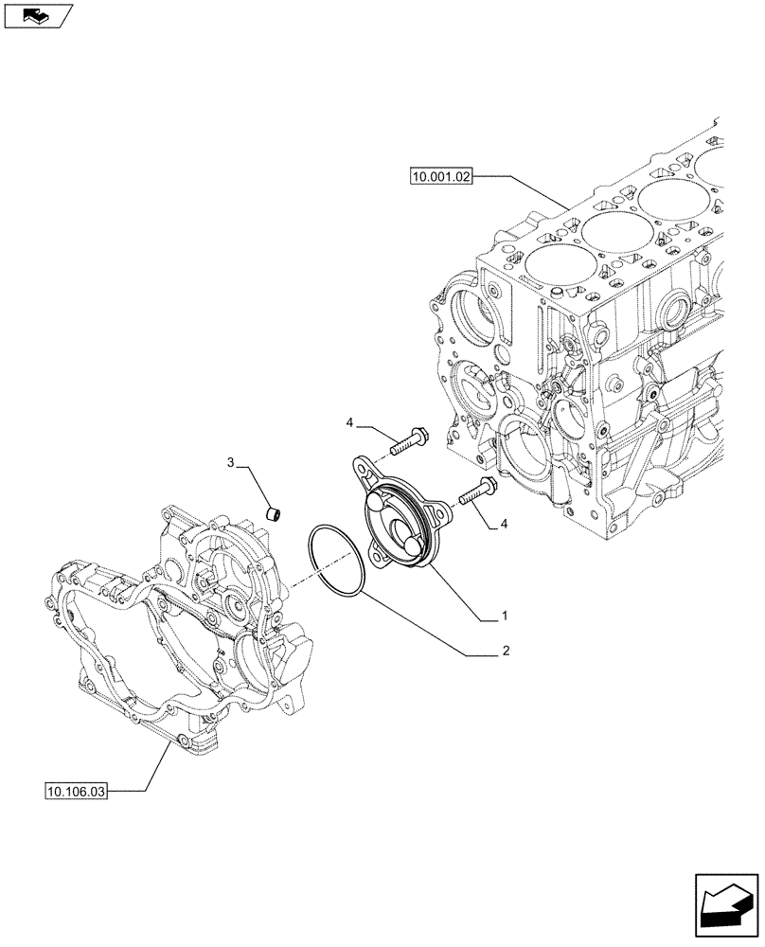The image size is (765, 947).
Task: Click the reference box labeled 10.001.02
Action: (441, 176)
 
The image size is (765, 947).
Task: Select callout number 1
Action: (506, 616)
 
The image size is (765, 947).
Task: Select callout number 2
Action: (506, 652)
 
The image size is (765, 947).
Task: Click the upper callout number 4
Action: (349, 421)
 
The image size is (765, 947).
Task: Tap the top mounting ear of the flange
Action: (365, 467)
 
